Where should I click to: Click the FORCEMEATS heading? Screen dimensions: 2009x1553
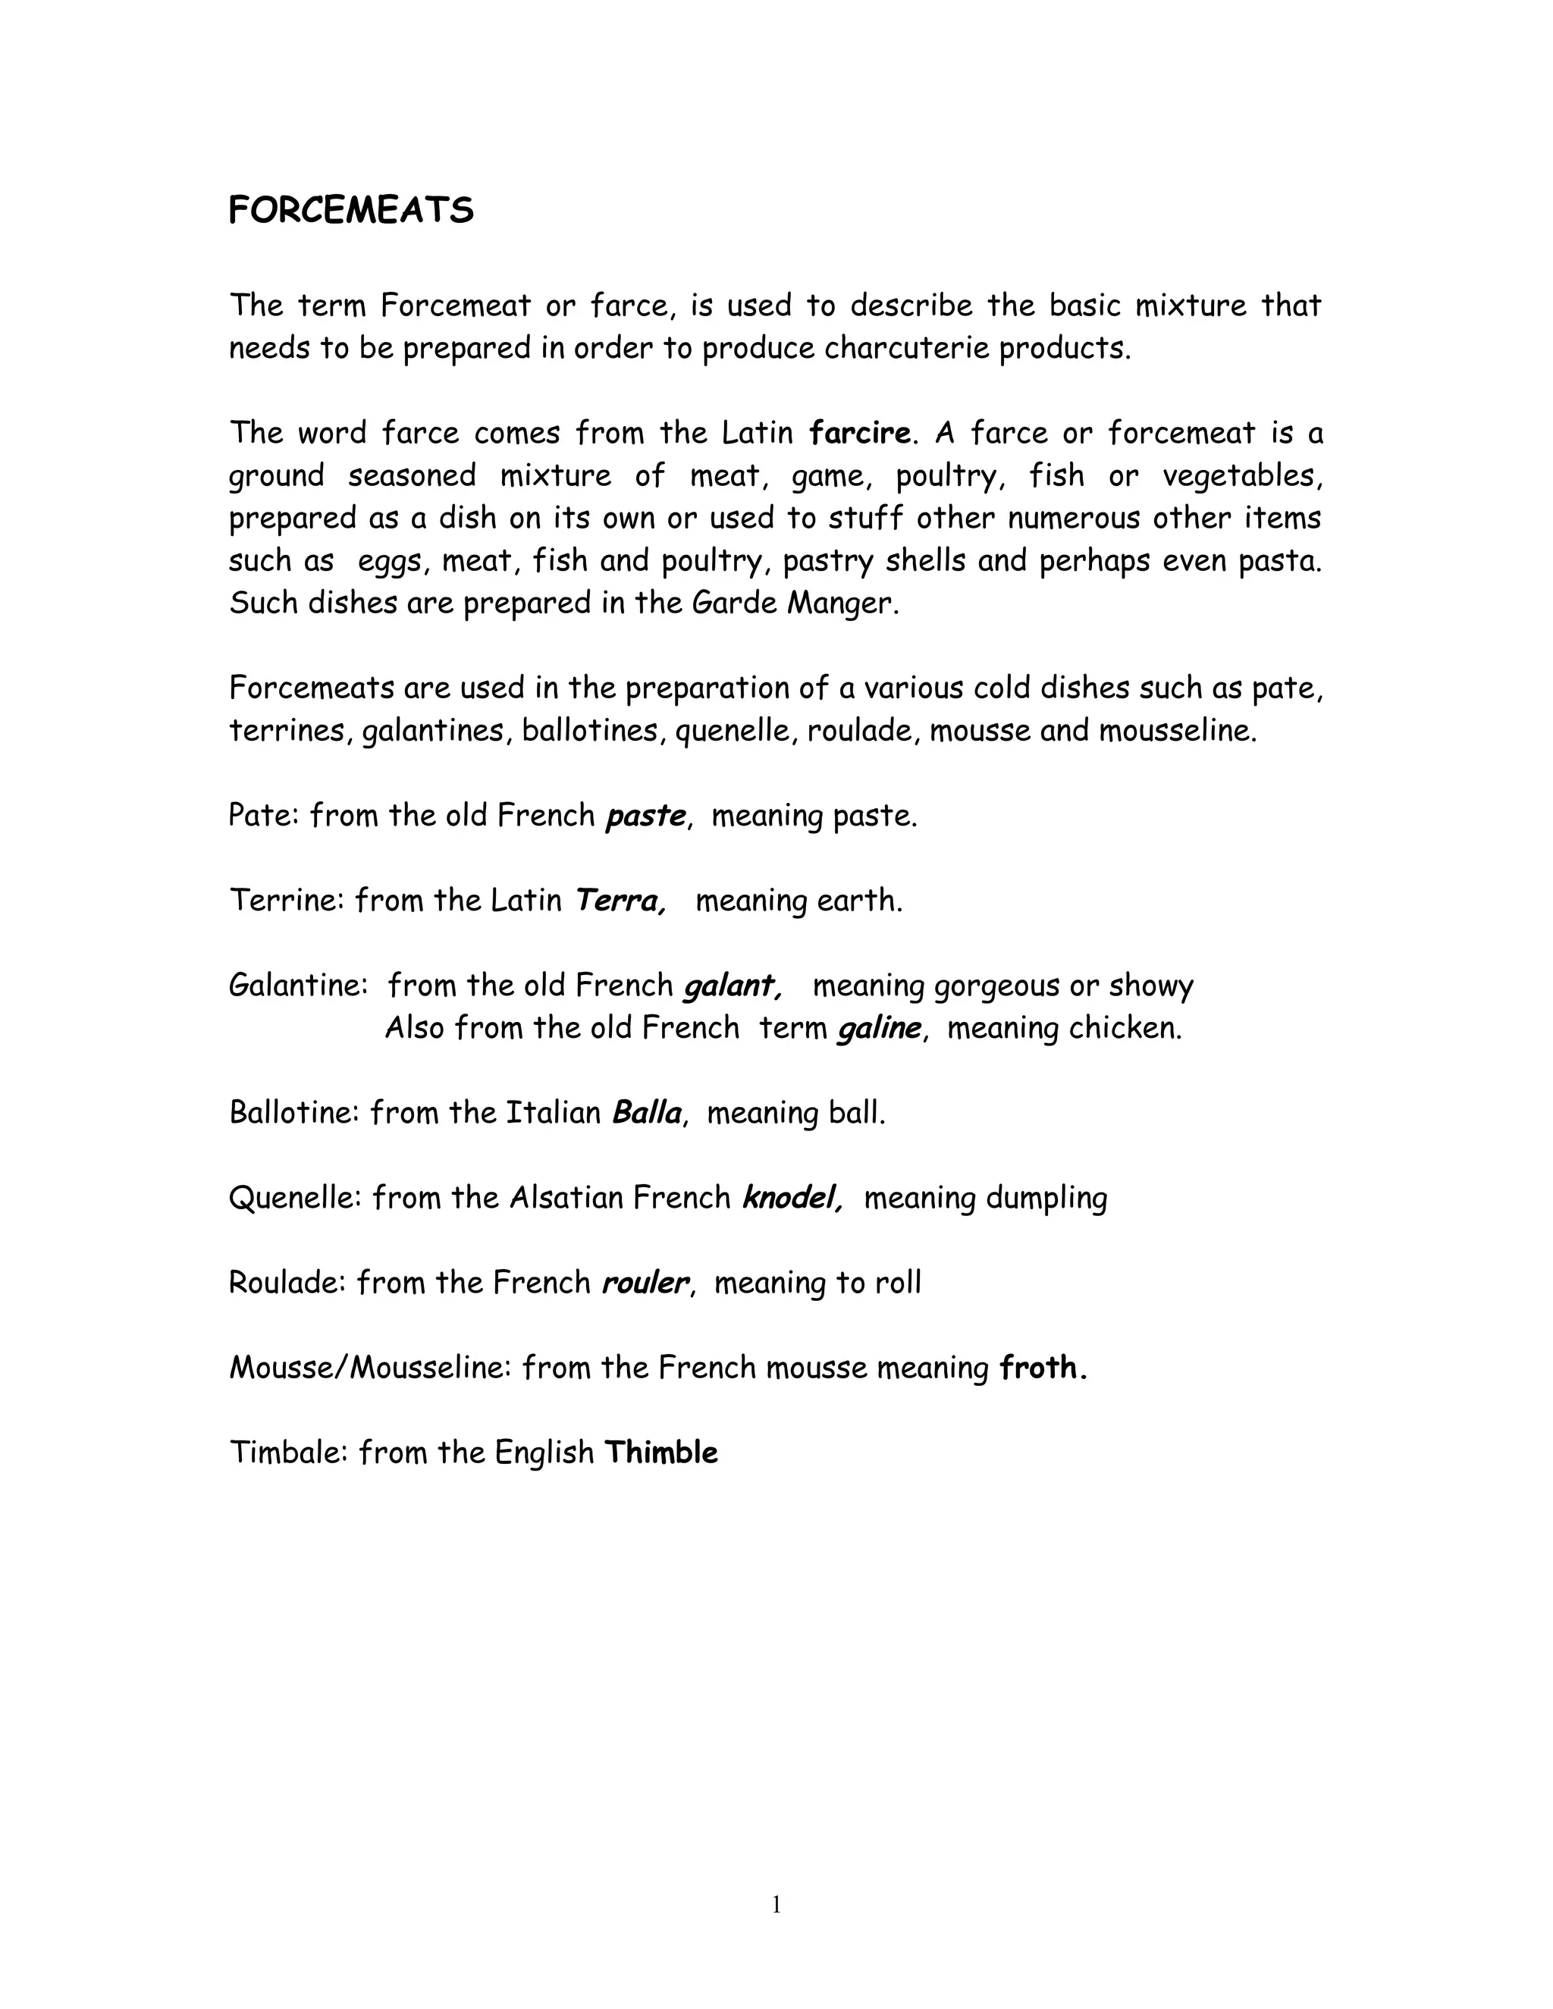tap(350, 211)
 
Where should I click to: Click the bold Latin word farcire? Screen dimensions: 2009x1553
tap(859, 432)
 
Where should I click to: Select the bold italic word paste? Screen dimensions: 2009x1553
tap(645, 816)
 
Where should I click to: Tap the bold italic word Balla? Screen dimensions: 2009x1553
tap(646, 1113)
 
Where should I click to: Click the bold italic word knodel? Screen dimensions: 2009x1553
tap(790, 1198)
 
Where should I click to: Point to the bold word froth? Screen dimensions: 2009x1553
tap(1040, 1368)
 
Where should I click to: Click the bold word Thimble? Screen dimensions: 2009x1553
tap(660, 1453)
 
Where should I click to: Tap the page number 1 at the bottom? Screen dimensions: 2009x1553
tap(776, 1905)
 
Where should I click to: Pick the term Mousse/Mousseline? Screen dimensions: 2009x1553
tap(370, 1368)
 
